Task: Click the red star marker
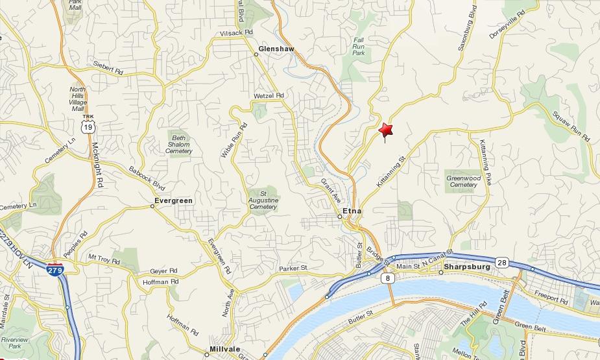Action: [386, 130]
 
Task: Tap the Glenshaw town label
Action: [276, 49]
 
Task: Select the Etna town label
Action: [352, 211]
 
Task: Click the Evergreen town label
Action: [174, 201]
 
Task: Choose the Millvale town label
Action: [225, 349]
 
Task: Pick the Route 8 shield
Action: [388, 278]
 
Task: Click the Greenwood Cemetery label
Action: [464, 181]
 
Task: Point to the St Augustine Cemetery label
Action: [263, 200]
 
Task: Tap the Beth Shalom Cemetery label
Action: [178, 144]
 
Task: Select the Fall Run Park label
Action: [359, 47]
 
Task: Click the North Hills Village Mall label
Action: [78, 99]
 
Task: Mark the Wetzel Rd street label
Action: [269, 95]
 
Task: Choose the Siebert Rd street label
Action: [108, 68]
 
